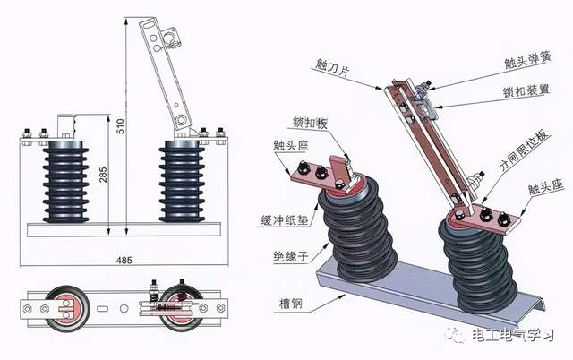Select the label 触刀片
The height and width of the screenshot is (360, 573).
333,65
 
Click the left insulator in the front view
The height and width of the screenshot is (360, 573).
60,180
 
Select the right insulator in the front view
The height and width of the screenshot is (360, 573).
185,180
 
